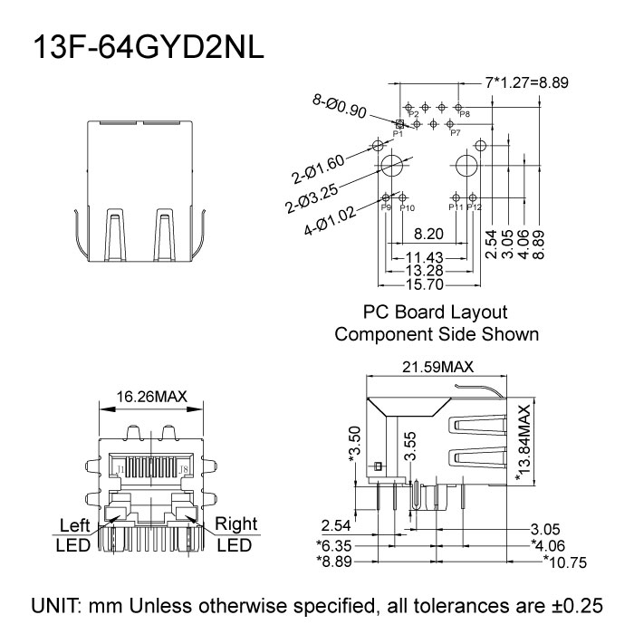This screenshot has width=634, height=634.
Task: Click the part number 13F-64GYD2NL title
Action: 149,48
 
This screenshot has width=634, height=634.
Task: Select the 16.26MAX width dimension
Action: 152,396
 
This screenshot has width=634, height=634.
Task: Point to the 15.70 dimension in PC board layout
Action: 424,284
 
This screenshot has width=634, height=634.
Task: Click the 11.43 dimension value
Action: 424,257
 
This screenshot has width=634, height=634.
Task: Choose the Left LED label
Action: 73,535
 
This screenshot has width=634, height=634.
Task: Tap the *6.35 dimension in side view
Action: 334,545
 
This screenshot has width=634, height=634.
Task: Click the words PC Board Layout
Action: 435,312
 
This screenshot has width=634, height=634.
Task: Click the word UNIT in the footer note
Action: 60,605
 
